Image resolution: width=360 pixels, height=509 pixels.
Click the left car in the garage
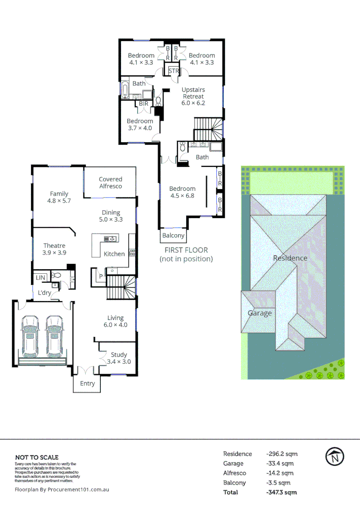(x=30, y=336)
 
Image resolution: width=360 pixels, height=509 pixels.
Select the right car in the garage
(x=54, y=336)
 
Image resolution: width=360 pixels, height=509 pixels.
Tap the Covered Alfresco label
(x=110, y=182)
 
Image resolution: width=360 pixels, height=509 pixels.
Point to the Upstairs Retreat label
(x=193, y=96)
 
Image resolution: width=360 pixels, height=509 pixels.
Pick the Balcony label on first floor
(x=173, y=236)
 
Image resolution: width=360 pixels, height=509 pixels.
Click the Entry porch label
(x=87, y=384)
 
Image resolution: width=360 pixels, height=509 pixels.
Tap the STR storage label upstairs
(x=174, y=72)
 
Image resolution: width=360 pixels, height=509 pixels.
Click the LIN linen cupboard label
(x=41, y=278)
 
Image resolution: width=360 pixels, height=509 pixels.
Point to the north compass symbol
(x=335, y=456)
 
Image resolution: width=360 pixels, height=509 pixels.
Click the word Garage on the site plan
(x=260, y=313)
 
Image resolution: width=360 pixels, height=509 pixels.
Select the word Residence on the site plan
(x=290, y=258)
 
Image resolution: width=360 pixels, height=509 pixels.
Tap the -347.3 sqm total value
(x=281, y=493)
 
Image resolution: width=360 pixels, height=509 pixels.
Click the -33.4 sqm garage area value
(x=280, y=464)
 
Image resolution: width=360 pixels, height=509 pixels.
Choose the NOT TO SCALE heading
(x=37, y=457)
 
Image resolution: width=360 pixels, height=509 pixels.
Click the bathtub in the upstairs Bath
(x=125, y=90)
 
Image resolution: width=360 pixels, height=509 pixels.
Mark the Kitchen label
(x=115, y=254)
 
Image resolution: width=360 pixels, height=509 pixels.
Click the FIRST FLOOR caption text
(x=186, y=250)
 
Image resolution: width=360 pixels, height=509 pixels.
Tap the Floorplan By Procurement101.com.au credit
(x=62, y=490)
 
